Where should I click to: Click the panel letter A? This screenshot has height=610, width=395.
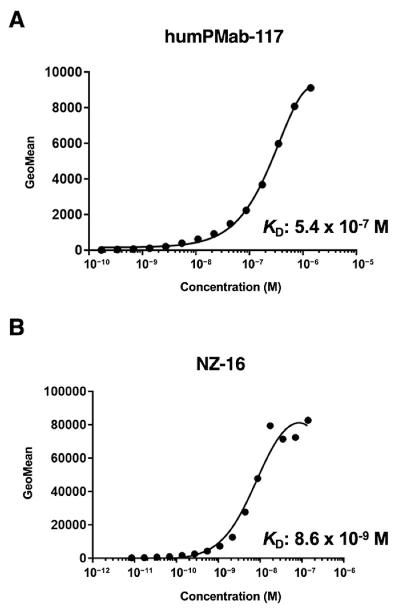click(x=17, y=21)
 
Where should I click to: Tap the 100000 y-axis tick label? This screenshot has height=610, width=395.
click(x=65, y=392)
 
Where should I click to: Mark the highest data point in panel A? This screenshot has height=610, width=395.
click(x=311, y=88)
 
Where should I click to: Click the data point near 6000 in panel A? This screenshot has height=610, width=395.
click(x=279, y=144)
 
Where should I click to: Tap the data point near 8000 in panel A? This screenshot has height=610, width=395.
click(x=295, y=106)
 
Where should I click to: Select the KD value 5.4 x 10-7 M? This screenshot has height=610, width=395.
click(x=325, y=228)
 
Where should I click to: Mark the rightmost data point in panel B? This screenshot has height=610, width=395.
click(x=308, y=420)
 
